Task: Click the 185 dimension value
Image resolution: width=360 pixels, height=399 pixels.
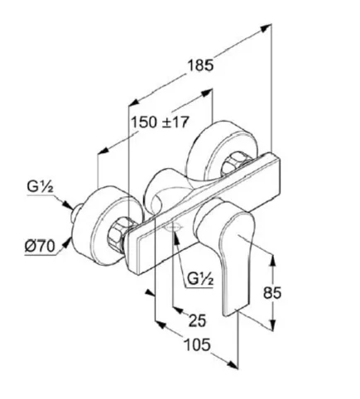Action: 200,65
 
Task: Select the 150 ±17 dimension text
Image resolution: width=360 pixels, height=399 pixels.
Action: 160,122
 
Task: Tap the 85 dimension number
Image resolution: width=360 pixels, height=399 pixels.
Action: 272,293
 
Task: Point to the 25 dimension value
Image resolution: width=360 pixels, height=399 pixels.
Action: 198,320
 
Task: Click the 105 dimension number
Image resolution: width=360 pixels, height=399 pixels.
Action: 197,344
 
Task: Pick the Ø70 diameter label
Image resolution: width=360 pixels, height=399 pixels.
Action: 40,246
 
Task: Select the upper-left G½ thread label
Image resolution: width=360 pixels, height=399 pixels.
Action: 40,186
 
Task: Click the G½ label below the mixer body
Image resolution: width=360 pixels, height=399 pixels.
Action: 200,279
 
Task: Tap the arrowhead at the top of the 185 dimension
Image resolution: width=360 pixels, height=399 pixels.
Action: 266,28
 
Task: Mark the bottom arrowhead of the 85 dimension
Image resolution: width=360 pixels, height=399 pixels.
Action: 272,325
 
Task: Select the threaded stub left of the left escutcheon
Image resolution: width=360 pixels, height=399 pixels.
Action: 76,213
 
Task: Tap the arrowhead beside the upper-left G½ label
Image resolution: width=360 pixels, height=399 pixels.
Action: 68,204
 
